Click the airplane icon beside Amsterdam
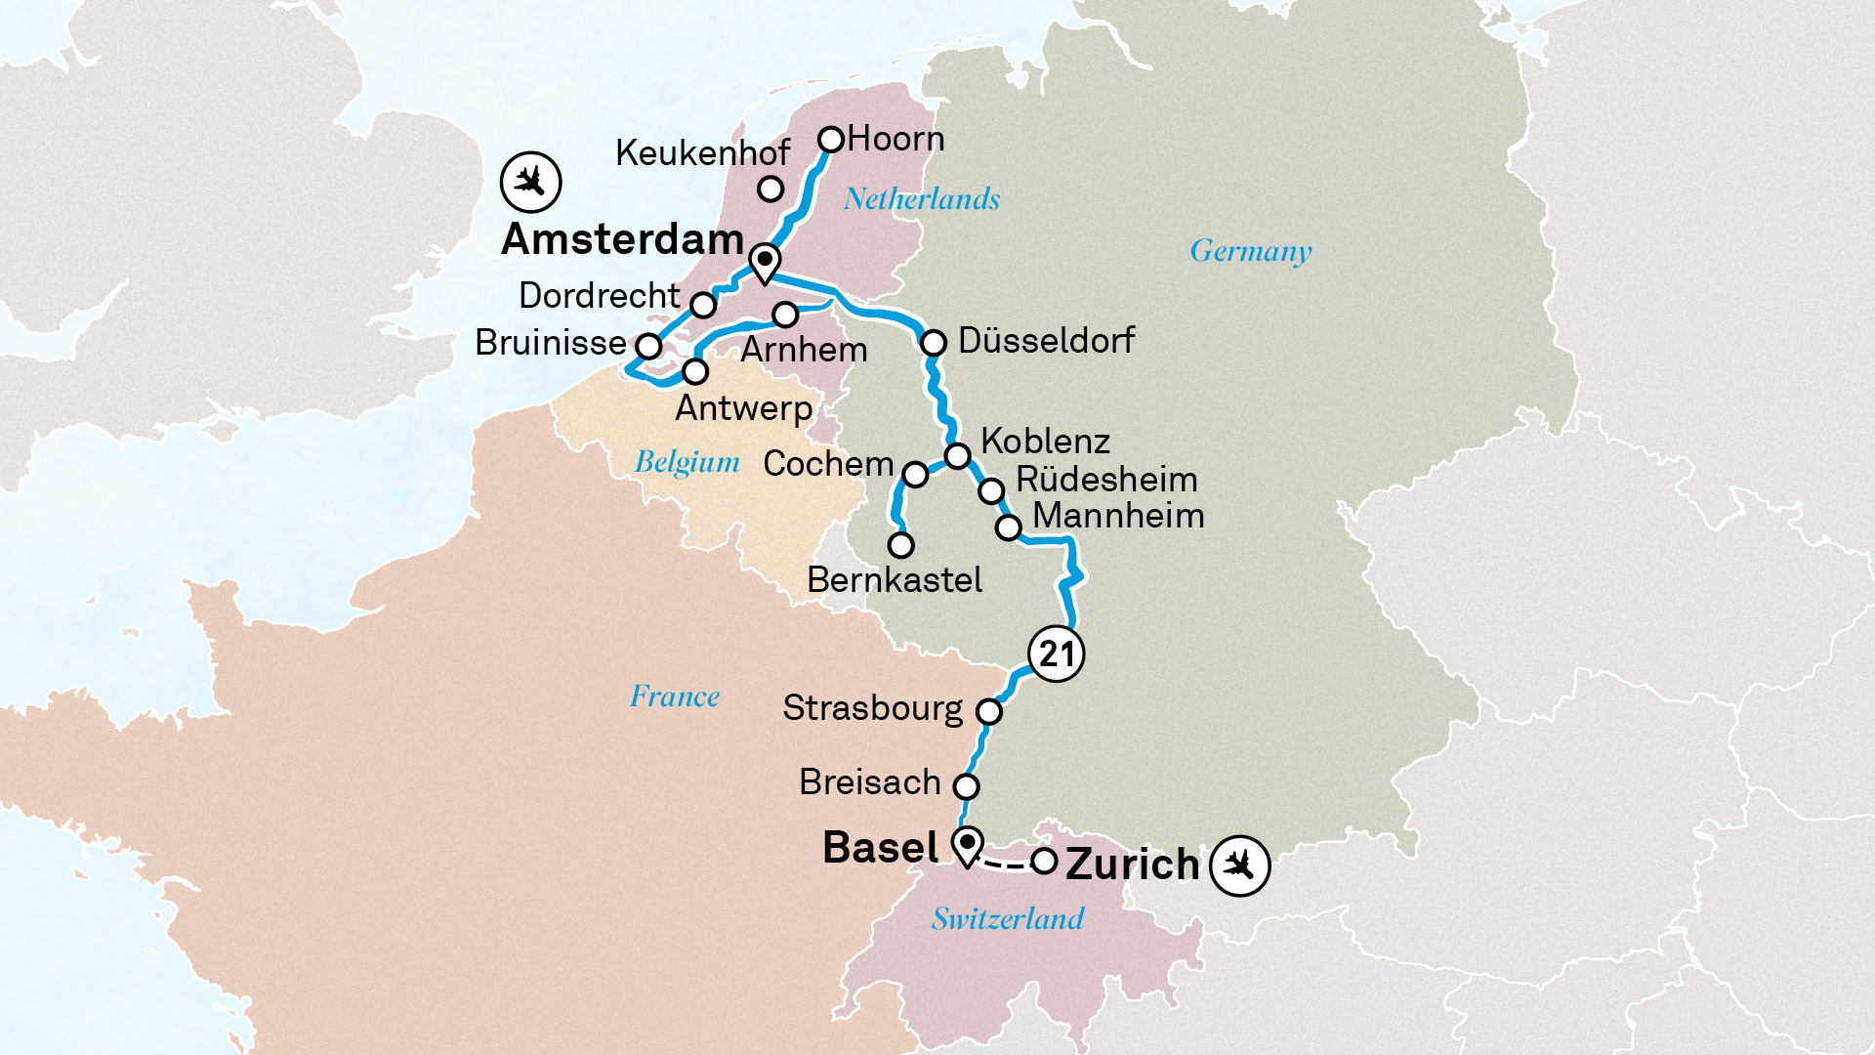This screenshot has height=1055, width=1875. point(530,182)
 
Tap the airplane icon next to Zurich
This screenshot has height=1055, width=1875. point(1239,865)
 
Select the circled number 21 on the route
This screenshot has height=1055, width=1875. point(1056,654)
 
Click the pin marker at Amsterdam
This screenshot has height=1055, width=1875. point(765,262)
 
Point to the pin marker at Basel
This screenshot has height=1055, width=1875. point(967,844)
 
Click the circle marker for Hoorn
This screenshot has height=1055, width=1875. point(831,140)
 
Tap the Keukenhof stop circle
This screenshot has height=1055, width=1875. point(771,189)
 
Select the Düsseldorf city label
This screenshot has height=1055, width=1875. point(1046,340)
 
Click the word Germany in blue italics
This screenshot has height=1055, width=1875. point(1250,251)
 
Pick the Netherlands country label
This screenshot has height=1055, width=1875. point(922,199)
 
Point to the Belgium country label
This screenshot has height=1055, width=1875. point(687,462)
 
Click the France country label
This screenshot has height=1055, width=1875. point(674,696)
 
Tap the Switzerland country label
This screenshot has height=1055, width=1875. point(1007,918)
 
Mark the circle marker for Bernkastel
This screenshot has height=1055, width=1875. point(900,544)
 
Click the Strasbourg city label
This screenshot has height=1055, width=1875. point(872,708)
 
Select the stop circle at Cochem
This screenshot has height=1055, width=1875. point(915,475)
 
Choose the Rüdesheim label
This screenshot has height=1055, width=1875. point(1106,480)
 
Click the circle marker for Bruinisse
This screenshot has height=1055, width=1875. point(649,346)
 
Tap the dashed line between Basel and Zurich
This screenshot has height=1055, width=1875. point(1006,865)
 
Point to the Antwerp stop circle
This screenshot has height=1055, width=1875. point(695,371)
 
